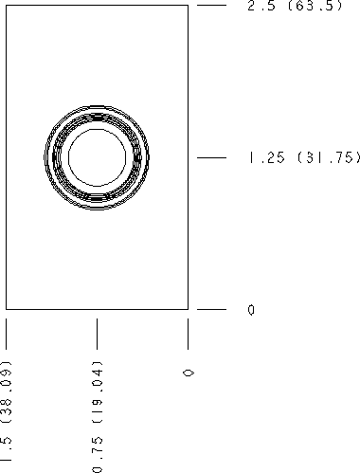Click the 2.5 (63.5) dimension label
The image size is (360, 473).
coord(295,6)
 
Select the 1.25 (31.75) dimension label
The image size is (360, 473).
coord(304,157)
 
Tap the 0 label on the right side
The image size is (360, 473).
coord(251,310)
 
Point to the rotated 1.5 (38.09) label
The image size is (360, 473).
coord(6,410)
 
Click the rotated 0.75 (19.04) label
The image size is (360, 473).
coord(97,417)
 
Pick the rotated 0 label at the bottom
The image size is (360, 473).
coord(189,373)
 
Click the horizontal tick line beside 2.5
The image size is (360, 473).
coord(211,6)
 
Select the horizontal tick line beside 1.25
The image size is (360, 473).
coord(211,157)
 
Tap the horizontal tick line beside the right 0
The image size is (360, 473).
coord(211,309)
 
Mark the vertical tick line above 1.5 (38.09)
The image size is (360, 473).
coord(6,334)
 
